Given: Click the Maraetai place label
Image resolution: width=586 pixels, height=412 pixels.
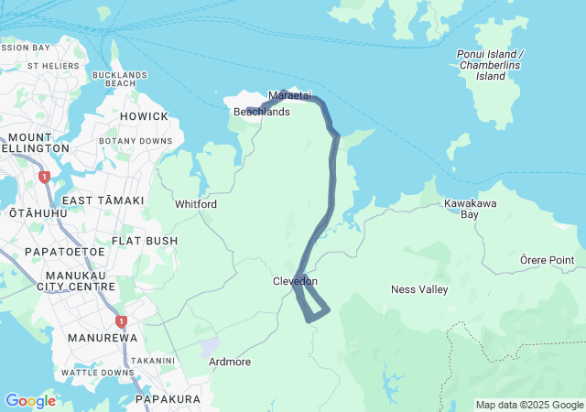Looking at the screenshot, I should pyautogui.click(x=290, y=95).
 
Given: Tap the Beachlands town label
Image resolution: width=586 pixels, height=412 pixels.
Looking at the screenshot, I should pyautogui.click(x=262, y=112).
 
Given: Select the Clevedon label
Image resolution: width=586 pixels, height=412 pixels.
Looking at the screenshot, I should pyautogui.click(x=295, y=281).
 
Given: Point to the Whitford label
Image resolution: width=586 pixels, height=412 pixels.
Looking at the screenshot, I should pyautogui.click(x=196, y=204).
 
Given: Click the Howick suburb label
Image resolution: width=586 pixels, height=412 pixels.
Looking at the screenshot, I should pyautogui.click(x=144, y=116).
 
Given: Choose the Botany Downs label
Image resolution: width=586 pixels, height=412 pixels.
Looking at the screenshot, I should pyautogui.click(x=136, y=141).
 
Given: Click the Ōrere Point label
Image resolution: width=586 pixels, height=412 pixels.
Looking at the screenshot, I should pyautogui.click(x=547, y=260).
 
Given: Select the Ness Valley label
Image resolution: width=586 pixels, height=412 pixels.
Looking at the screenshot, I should pyautogui.click(x=419, y=289).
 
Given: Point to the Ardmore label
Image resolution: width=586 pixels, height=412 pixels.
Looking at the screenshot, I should pyautogui.click(x=230, y=362).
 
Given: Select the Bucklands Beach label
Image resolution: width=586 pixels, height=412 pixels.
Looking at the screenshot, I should pyautogui.click(x=120, y=79).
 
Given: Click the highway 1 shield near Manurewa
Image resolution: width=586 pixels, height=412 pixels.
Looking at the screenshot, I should pyautogui.click(x=120, y=321).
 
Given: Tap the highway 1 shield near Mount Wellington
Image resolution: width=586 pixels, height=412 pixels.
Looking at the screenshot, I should pyautogui.click(x=43, y=177).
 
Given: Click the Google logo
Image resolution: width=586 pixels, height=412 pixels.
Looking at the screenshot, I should pyautogui.click(x=30, y=401).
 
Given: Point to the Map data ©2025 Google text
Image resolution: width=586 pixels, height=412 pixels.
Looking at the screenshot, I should pyautogui.click(x=529, y=405).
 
